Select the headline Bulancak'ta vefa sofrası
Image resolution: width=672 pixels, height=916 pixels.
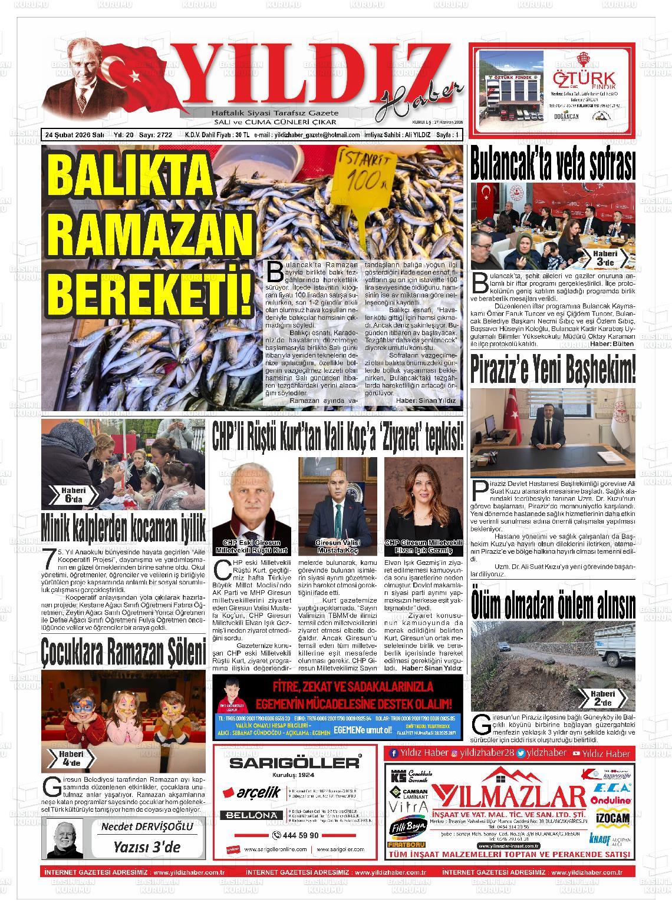(552, 164)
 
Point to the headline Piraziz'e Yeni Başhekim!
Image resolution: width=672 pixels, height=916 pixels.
(553, 369)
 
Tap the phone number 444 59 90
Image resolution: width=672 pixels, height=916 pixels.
(296, 835)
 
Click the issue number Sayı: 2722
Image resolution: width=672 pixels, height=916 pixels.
(155, 135)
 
